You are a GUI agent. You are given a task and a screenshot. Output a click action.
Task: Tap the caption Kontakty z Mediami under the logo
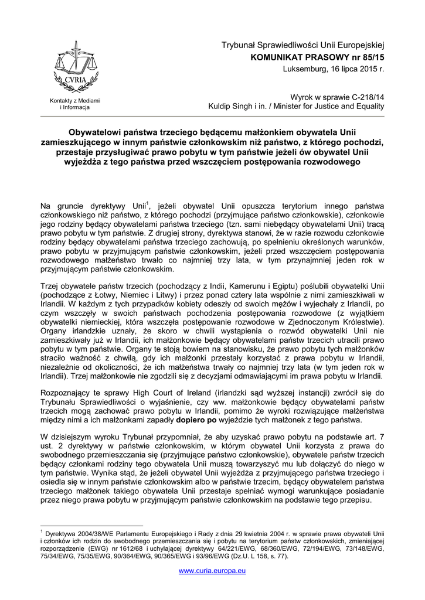tap(74, 101)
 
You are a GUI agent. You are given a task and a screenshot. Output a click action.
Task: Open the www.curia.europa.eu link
tap(212, 571)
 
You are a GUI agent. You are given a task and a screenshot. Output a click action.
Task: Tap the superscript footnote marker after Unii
tap(148, 203)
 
